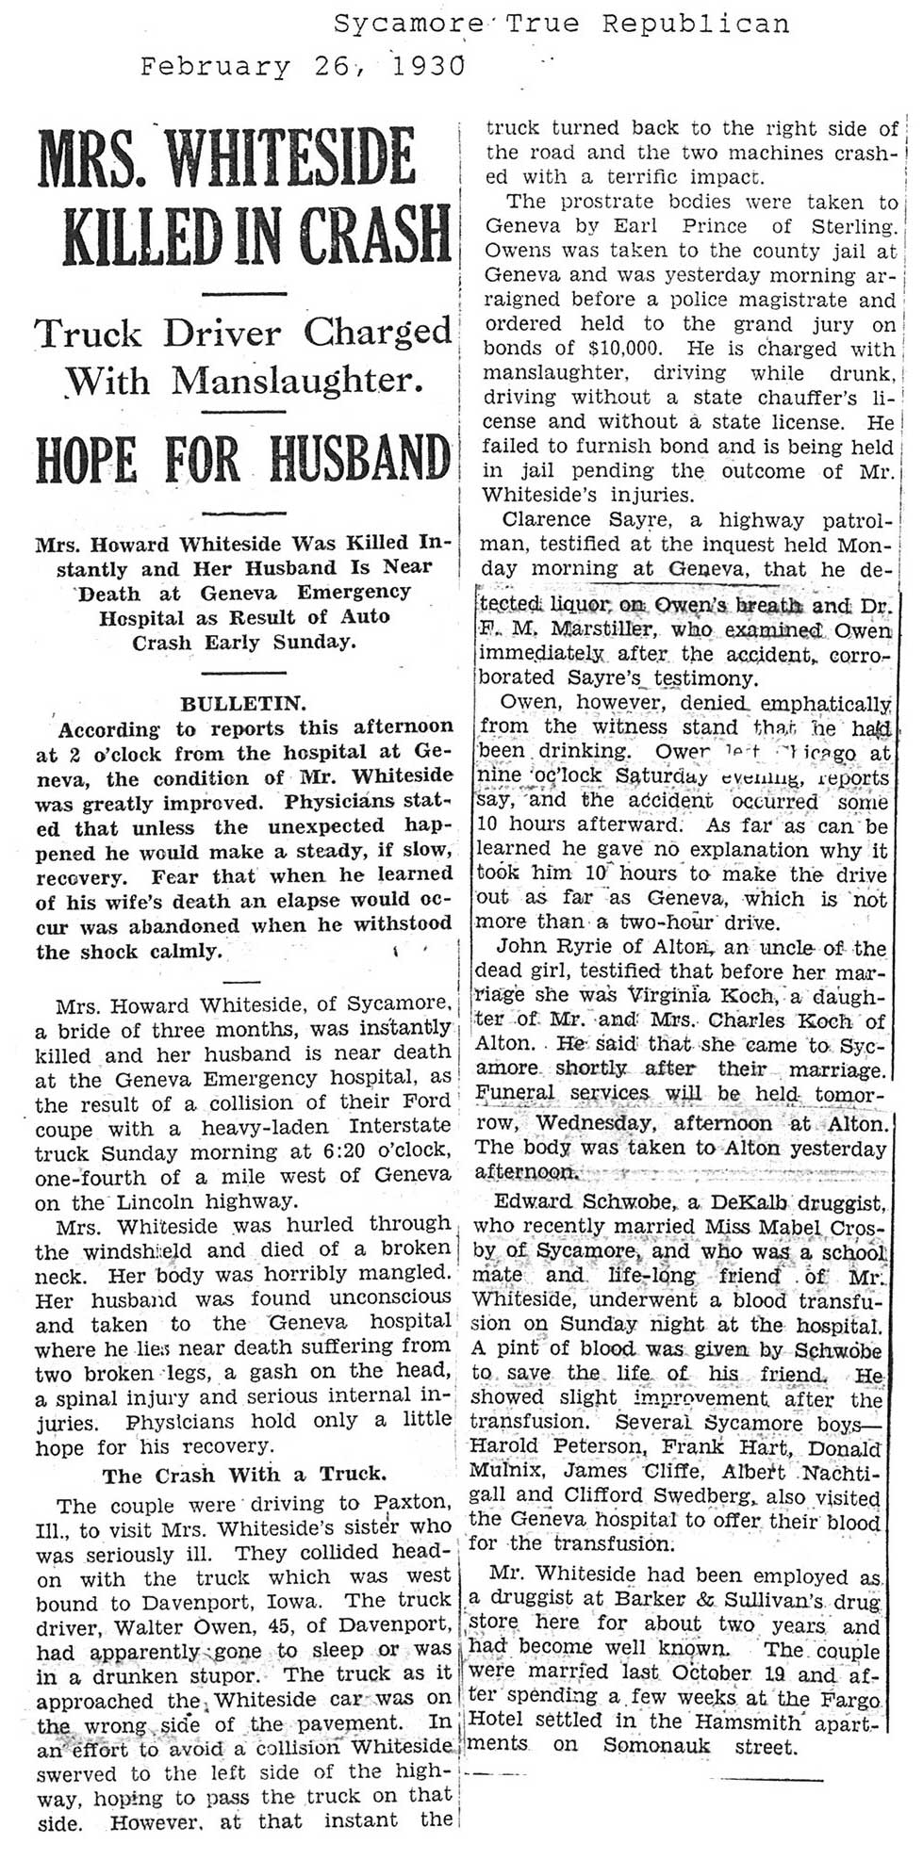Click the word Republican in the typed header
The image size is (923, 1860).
pos(696,24)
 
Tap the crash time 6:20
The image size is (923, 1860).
pos(349,1151)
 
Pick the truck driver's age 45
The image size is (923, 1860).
pos(289,1624)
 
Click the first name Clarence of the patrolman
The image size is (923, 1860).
pos(547,520)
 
